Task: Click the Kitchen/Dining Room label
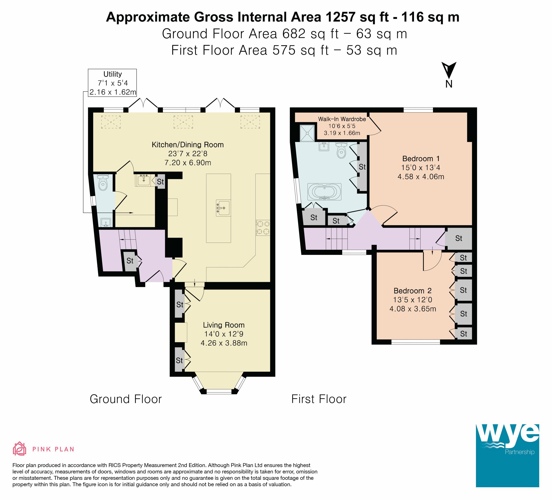click(188, 145)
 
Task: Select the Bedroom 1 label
click(421, 159)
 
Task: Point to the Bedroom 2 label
click(413, 291)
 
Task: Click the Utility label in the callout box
click(112, 74)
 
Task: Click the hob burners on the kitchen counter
click(263, 228)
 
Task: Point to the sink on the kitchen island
click(223, 208)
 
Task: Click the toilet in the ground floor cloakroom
click(103, 182)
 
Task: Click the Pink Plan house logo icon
click(20, 449)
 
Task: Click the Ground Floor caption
click(126, 399)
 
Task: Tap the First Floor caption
click(319, 399)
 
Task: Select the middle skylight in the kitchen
click(183, 122)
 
